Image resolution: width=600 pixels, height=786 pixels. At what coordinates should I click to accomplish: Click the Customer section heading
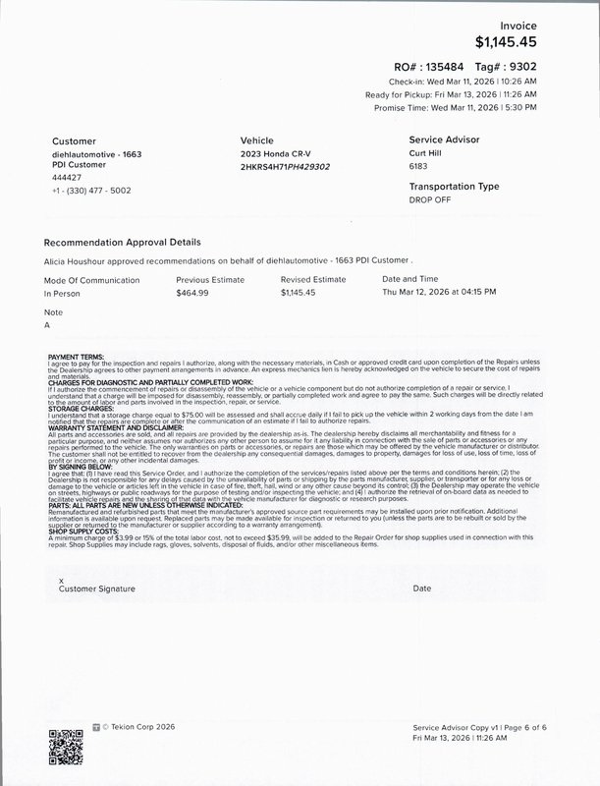74,140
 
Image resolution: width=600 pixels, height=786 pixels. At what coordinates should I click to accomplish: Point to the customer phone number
91,189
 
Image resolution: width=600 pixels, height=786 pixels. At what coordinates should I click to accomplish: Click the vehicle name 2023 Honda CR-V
278,154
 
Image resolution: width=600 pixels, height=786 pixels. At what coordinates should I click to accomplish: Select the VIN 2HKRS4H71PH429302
285,166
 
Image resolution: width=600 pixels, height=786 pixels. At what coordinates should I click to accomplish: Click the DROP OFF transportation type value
430,198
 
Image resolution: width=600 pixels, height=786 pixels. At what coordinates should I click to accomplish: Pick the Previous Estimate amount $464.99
196,293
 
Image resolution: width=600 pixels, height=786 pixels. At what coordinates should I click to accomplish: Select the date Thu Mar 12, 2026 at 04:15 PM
438,293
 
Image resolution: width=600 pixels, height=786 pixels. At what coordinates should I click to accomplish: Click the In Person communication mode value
63,293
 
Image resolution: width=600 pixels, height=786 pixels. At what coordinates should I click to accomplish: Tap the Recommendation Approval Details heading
123,242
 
